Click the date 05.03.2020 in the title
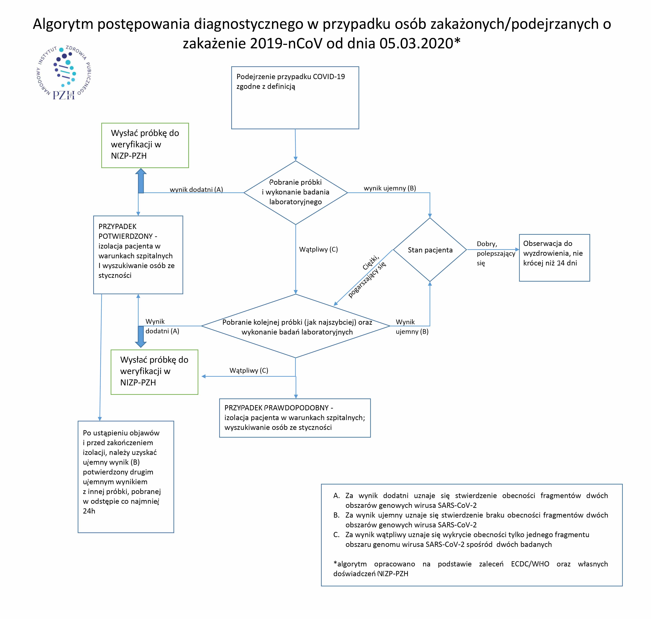tap(416, 43)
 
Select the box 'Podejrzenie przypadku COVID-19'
tap(295, 98)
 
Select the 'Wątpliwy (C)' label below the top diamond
tap(318, 250)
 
